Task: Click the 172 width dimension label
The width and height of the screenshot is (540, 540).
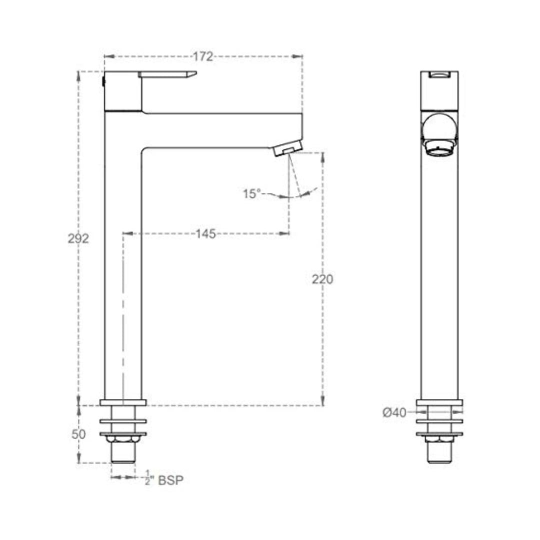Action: tap(203, 56)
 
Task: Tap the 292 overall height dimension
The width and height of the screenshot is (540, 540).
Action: tap(78, 238)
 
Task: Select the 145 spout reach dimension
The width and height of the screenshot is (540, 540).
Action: tap(205, 234)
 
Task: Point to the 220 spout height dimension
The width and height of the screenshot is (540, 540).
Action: tap(322, 279)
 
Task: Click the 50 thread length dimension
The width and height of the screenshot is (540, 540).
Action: tap(78, 434)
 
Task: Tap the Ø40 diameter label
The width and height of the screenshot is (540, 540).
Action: tap(394, 412)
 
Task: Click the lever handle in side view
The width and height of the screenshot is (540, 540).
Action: tap(167, 74)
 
